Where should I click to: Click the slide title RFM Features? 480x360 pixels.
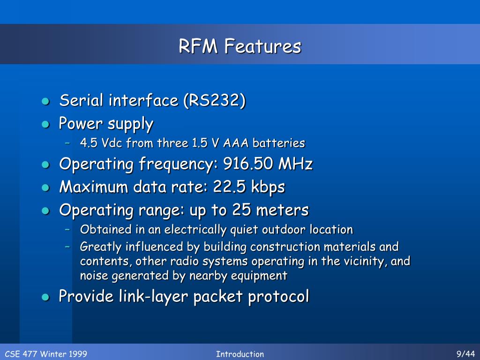click(x=240, y=46)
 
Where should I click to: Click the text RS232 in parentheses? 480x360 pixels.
click(x=214, y=100)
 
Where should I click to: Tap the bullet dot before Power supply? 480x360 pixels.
click(x=45, y=124)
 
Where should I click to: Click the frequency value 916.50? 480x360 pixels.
click(x=248, y=165)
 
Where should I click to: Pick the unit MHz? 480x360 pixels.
click(x=296, y=165)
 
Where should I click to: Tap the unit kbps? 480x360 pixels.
click(x=267, y=187)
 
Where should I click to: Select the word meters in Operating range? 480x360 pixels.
click(x=282, y=210)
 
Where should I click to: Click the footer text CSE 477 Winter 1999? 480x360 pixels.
click(x=46, y=354)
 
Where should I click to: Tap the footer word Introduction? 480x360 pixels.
click(x=240, y=354)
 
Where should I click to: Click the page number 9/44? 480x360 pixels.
click(x=465, y=354)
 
